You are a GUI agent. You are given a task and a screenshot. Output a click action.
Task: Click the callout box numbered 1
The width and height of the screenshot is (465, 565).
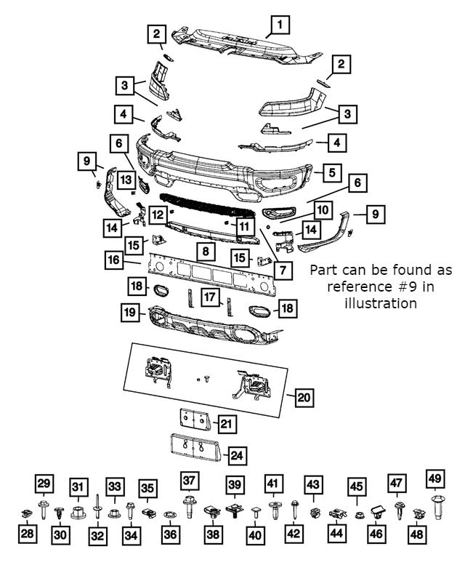click(278, 25)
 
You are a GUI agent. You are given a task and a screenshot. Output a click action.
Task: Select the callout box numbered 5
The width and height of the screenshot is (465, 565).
click(331, 173)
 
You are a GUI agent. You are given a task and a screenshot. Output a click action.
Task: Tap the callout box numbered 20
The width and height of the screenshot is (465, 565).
click(304, 397)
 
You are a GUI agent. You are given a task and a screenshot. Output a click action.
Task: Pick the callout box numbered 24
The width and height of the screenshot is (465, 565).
click(237, 456)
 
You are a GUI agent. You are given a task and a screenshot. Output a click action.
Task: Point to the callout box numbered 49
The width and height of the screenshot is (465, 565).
click(435, 478)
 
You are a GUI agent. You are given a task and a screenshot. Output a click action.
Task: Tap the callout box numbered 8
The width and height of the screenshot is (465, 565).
click(206, 252)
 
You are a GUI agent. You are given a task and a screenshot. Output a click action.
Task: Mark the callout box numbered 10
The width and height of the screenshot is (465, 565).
click(322, 210)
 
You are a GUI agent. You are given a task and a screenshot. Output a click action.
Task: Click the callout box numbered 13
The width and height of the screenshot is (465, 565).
click(126, 179)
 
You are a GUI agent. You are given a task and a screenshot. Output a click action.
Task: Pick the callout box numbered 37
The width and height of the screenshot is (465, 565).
click(190, 481)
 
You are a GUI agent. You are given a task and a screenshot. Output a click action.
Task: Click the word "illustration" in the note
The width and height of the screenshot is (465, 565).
click(381, 302)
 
